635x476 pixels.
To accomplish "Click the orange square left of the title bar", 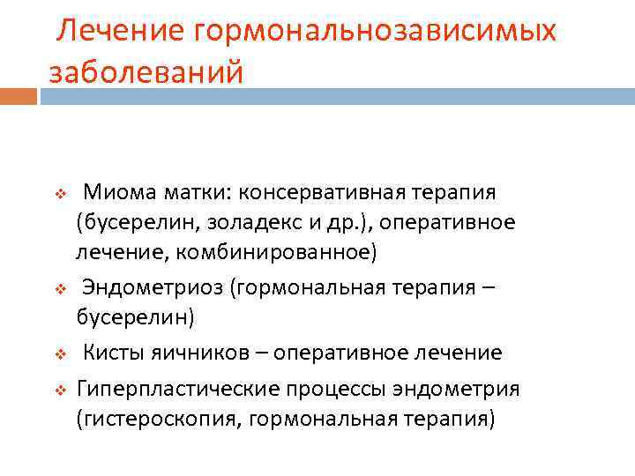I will pyautogui.click(x=19, y=95).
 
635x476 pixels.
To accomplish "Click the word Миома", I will pyautogui.click(x=116, y=192).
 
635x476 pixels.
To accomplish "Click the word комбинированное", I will pyautogui.click(x=276, y=254).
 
